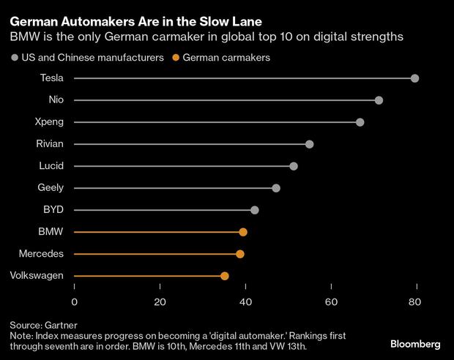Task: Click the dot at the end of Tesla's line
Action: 415,78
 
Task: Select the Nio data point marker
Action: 379,100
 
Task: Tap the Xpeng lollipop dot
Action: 360,122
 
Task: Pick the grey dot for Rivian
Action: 309,144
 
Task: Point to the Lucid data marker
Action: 294,166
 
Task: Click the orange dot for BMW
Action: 243,232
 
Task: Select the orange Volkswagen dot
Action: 225,276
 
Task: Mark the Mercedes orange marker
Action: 240,254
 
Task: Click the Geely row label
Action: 51,188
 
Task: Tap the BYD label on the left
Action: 53,210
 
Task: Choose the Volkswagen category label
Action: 37,276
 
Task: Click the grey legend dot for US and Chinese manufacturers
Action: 14,58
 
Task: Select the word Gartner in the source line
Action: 60,324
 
